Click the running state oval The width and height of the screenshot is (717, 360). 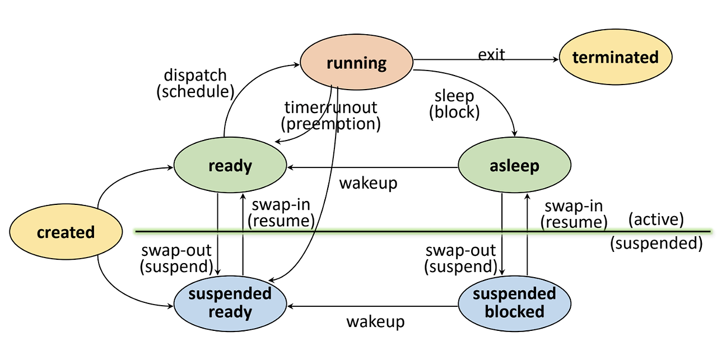coord(356,62)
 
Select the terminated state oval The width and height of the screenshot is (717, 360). coord(615,57)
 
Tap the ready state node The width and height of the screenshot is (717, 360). coord(230,166)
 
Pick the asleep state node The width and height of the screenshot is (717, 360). coord(514,166)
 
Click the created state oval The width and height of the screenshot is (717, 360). coord(66,232)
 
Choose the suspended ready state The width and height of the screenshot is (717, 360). coord(230,303)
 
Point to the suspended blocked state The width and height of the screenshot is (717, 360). coord(514,303)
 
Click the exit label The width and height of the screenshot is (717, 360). coord(491,54)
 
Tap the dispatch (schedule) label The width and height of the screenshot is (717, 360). coord(194,83)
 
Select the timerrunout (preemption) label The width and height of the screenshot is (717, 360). coord(330,115)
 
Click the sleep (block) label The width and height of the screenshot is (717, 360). coord(454,104)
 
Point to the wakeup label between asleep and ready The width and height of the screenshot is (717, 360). coord(368,183)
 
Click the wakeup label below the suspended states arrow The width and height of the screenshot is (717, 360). coord(375,321)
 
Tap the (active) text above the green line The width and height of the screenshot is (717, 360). coord(656,219)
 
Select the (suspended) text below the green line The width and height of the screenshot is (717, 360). coord(656,243)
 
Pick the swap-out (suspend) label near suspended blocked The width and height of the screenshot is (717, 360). coord(461,258)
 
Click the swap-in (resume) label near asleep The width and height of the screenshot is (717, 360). coord(574,214)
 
